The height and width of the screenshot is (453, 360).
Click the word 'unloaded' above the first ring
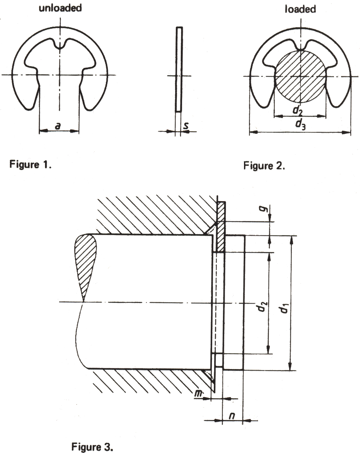[x=60, y=8]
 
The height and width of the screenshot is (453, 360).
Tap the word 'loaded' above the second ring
[x=300, y=9]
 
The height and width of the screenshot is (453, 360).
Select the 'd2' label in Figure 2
[x=297, y=110]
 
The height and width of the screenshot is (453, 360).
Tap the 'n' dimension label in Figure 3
[x=232, y=416]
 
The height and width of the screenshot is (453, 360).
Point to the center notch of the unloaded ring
[x=60, y=44]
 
